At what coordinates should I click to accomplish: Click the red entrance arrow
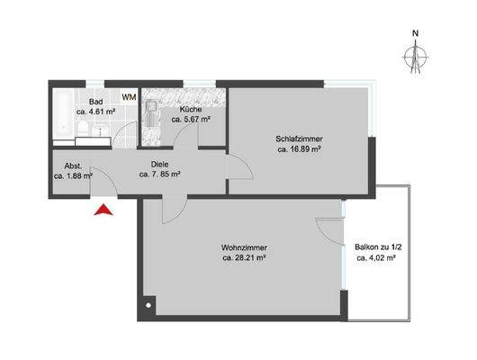tap(104, 211)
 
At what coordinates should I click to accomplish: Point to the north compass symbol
tap(415, 56)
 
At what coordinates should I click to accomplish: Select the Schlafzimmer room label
tap(300, 139)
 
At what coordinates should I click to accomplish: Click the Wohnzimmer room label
tap(244, 247)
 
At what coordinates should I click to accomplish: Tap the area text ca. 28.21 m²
tap(244, 258)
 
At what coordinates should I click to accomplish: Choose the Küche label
tap(190, 108)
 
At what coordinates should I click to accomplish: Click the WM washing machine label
tap(129, 97)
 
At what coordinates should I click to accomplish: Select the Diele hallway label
tap(160, 164)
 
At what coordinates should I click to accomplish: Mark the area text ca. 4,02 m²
tap(377, 257)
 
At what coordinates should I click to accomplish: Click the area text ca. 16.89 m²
tap(300, 150)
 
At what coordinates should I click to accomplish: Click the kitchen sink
tap(152, 115)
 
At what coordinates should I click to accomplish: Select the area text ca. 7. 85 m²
tap(160, 175)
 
